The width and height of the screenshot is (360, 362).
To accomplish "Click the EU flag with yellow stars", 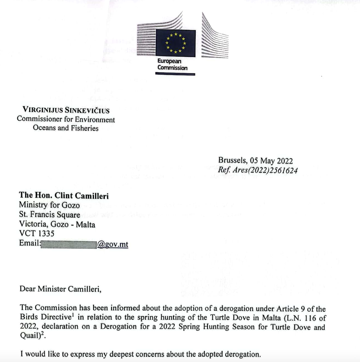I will tap(175, 43).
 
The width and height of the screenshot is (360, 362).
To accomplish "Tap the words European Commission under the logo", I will tap(172, 64).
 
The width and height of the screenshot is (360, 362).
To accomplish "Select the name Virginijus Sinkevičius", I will tap(66, 110).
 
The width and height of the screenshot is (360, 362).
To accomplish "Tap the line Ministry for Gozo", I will tap(49, 205).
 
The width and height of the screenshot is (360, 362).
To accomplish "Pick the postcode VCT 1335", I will tap(37, 233).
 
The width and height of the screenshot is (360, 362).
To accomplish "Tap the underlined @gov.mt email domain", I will tap(113, 244).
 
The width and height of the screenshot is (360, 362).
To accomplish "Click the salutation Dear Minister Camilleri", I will tap(60, 289).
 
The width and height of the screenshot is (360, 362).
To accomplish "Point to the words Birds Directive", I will tap(45, 317).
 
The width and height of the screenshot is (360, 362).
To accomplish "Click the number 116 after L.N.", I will tap(310, 318).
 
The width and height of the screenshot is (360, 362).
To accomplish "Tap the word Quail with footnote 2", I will tap(30, 336).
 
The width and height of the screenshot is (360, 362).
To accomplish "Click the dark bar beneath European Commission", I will tap(175, 74).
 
